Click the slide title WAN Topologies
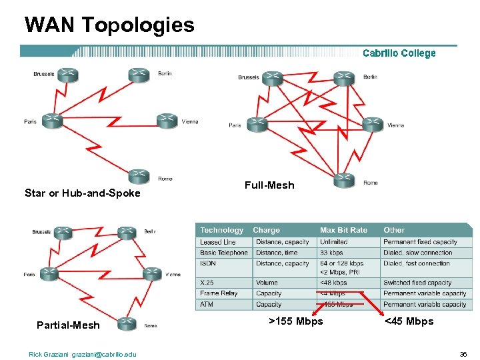(109, 25)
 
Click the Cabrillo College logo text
(399, 53)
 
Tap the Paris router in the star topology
(52, 121)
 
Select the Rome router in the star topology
(137, 175)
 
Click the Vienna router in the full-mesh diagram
(372, 124)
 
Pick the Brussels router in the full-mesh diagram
(272, 78)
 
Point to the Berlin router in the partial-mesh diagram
(127, 233)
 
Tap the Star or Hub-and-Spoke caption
(83, 193)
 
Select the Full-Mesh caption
(269, 185)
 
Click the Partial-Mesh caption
(68, 325)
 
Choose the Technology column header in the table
(222, 230)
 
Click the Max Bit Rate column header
(343, 230)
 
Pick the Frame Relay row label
(219, 293)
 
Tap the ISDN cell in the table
(208, 263)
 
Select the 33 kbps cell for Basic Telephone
(332, 253)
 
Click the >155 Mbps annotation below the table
(295, 321)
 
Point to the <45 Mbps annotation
(409, 321)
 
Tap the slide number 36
(463, 354)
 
